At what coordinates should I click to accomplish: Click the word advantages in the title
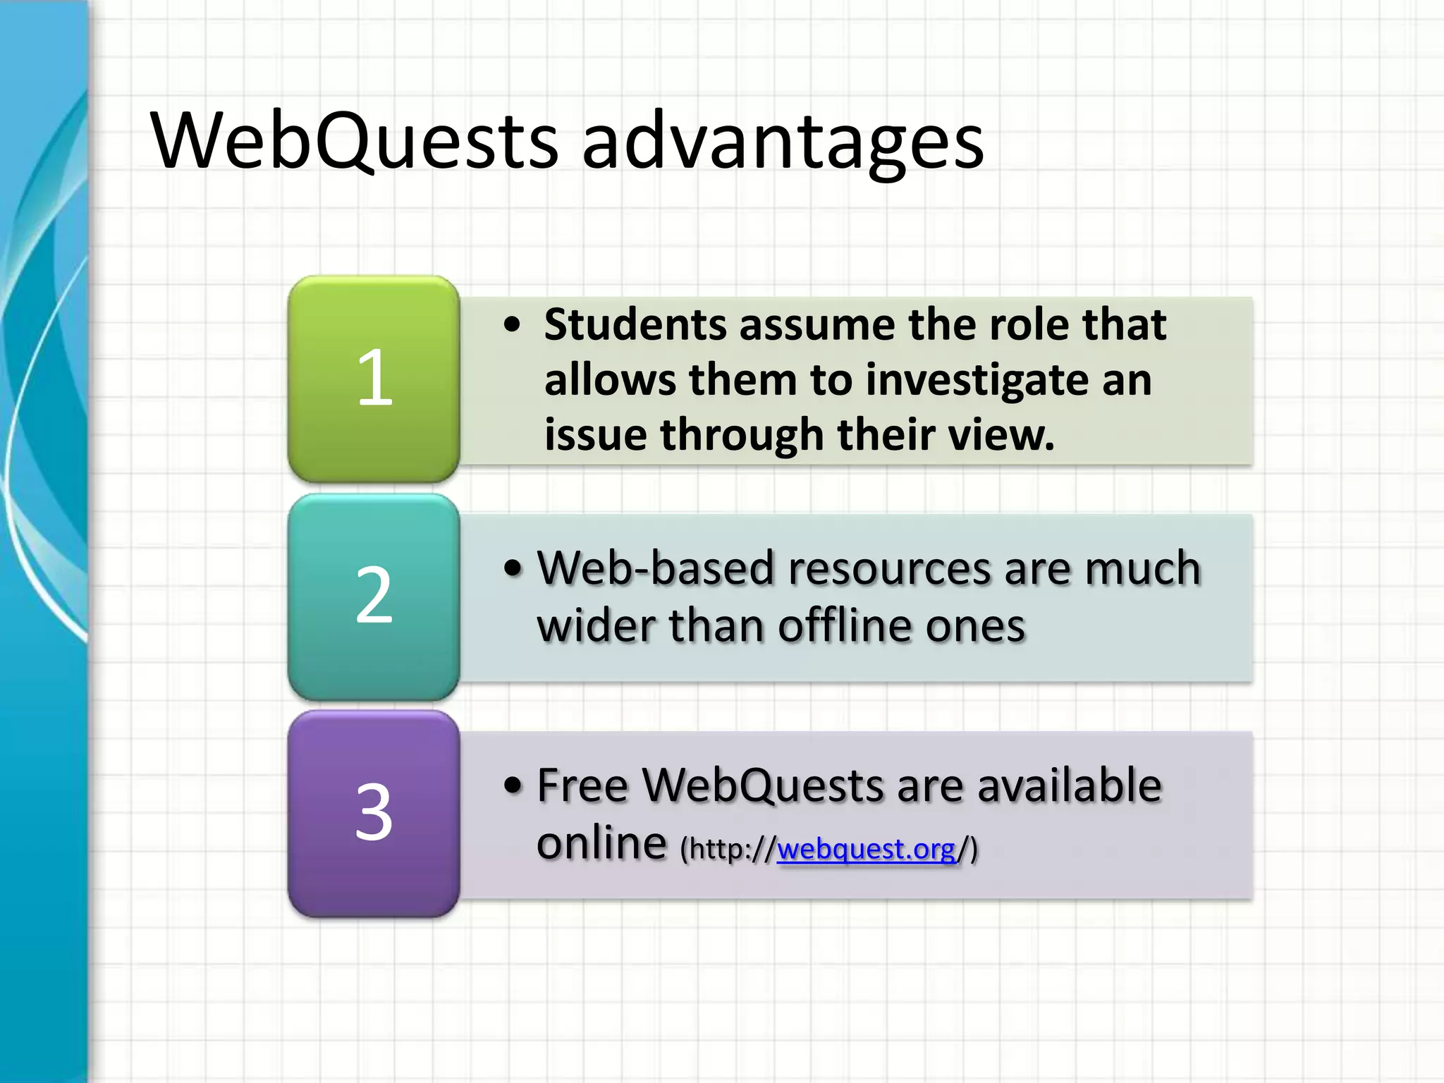783,145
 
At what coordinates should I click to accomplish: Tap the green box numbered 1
374,379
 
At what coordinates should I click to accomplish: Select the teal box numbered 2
374,596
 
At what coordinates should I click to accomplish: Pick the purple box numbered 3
374,813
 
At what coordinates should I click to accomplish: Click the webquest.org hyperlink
866,849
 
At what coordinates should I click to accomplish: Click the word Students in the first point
635,325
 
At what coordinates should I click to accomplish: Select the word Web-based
655,568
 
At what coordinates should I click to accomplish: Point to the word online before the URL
601,843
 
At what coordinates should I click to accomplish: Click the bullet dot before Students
513,326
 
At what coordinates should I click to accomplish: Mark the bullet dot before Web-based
513,569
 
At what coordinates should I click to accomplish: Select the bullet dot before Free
513,786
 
